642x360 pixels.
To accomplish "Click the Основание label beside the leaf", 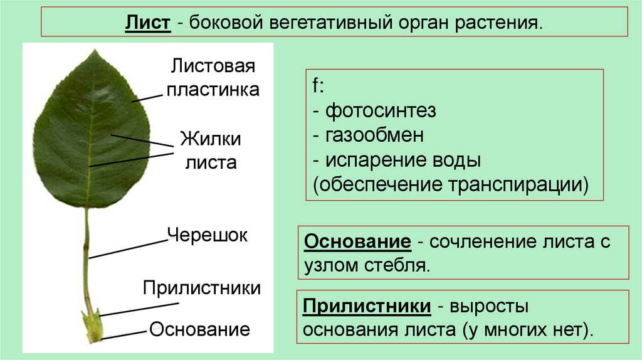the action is click(x=200, y=329).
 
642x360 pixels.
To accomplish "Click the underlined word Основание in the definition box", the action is click(x=357, y=241).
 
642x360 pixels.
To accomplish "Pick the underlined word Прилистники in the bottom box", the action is click(x=366, y=307).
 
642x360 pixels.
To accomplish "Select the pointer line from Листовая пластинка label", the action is click(x=147, y=97).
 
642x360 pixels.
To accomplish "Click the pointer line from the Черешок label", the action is click(x=129, y=248).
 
